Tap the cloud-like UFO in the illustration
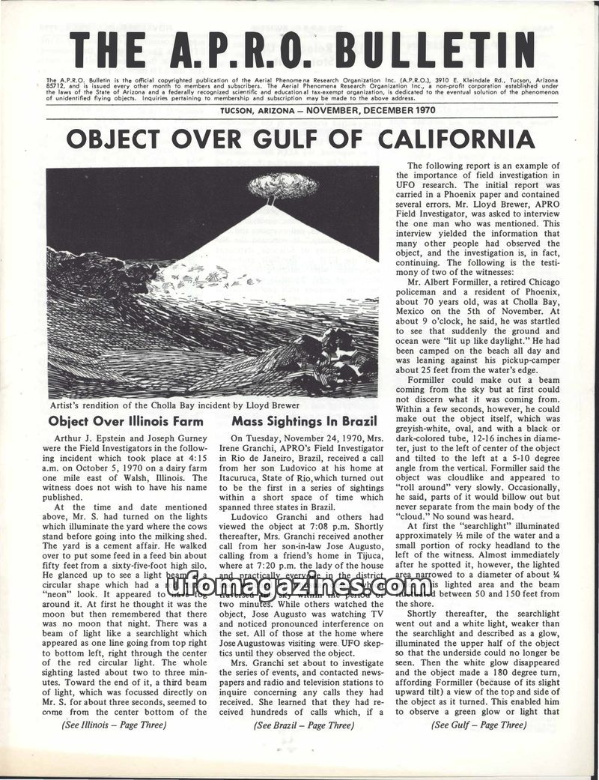pyautogui.click(x=282, y=185)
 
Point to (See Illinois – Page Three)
pyautogui.click(x=114, y=725)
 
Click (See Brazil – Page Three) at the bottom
pyautogui.click(x=303, y=725)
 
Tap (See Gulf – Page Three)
pyautogui.click(x=479, y=725)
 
